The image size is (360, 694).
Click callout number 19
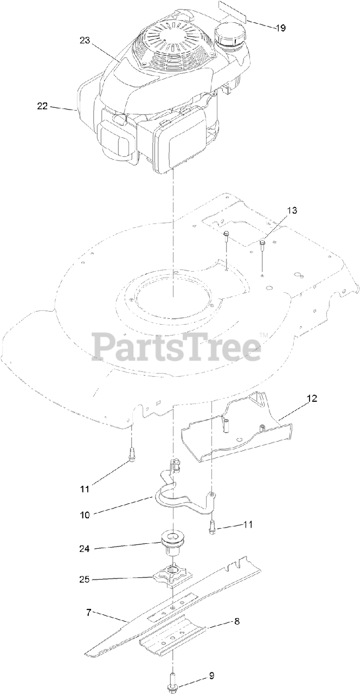pyautogui.click(x=280, y=28)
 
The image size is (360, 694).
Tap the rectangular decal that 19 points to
pyautogui.click(x=232, y=11)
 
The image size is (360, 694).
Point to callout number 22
pyautogui.click(x=43, y=106)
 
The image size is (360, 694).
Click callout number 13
pyautogui.click(x=292, y=210)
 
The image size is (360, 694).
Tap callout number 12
pyautogui.click(x=312, y=399)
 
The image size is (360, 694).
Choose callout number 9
pyautogui.click(x=211, y=676)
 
